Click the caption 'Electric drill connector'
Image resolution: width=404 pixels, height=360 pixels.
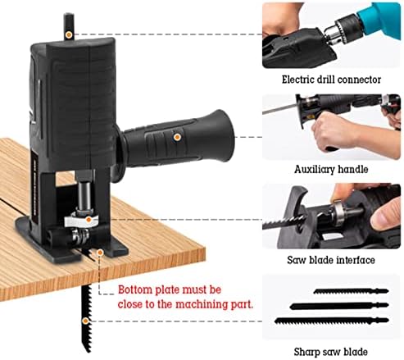point(330,80)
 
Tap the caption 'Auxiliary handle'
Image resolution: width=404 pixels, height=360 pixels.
point(330,170)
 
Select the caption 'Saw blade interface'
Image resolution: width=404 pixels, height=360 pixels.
point(330,259)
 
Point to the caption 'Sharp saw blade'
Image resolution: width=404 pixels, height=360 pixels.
point(330,352)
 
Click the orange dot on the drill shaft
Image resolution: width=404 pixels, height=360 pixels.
point(68,35)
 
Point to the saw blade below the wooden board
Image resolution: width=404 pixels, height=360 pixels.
point(86,316)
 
